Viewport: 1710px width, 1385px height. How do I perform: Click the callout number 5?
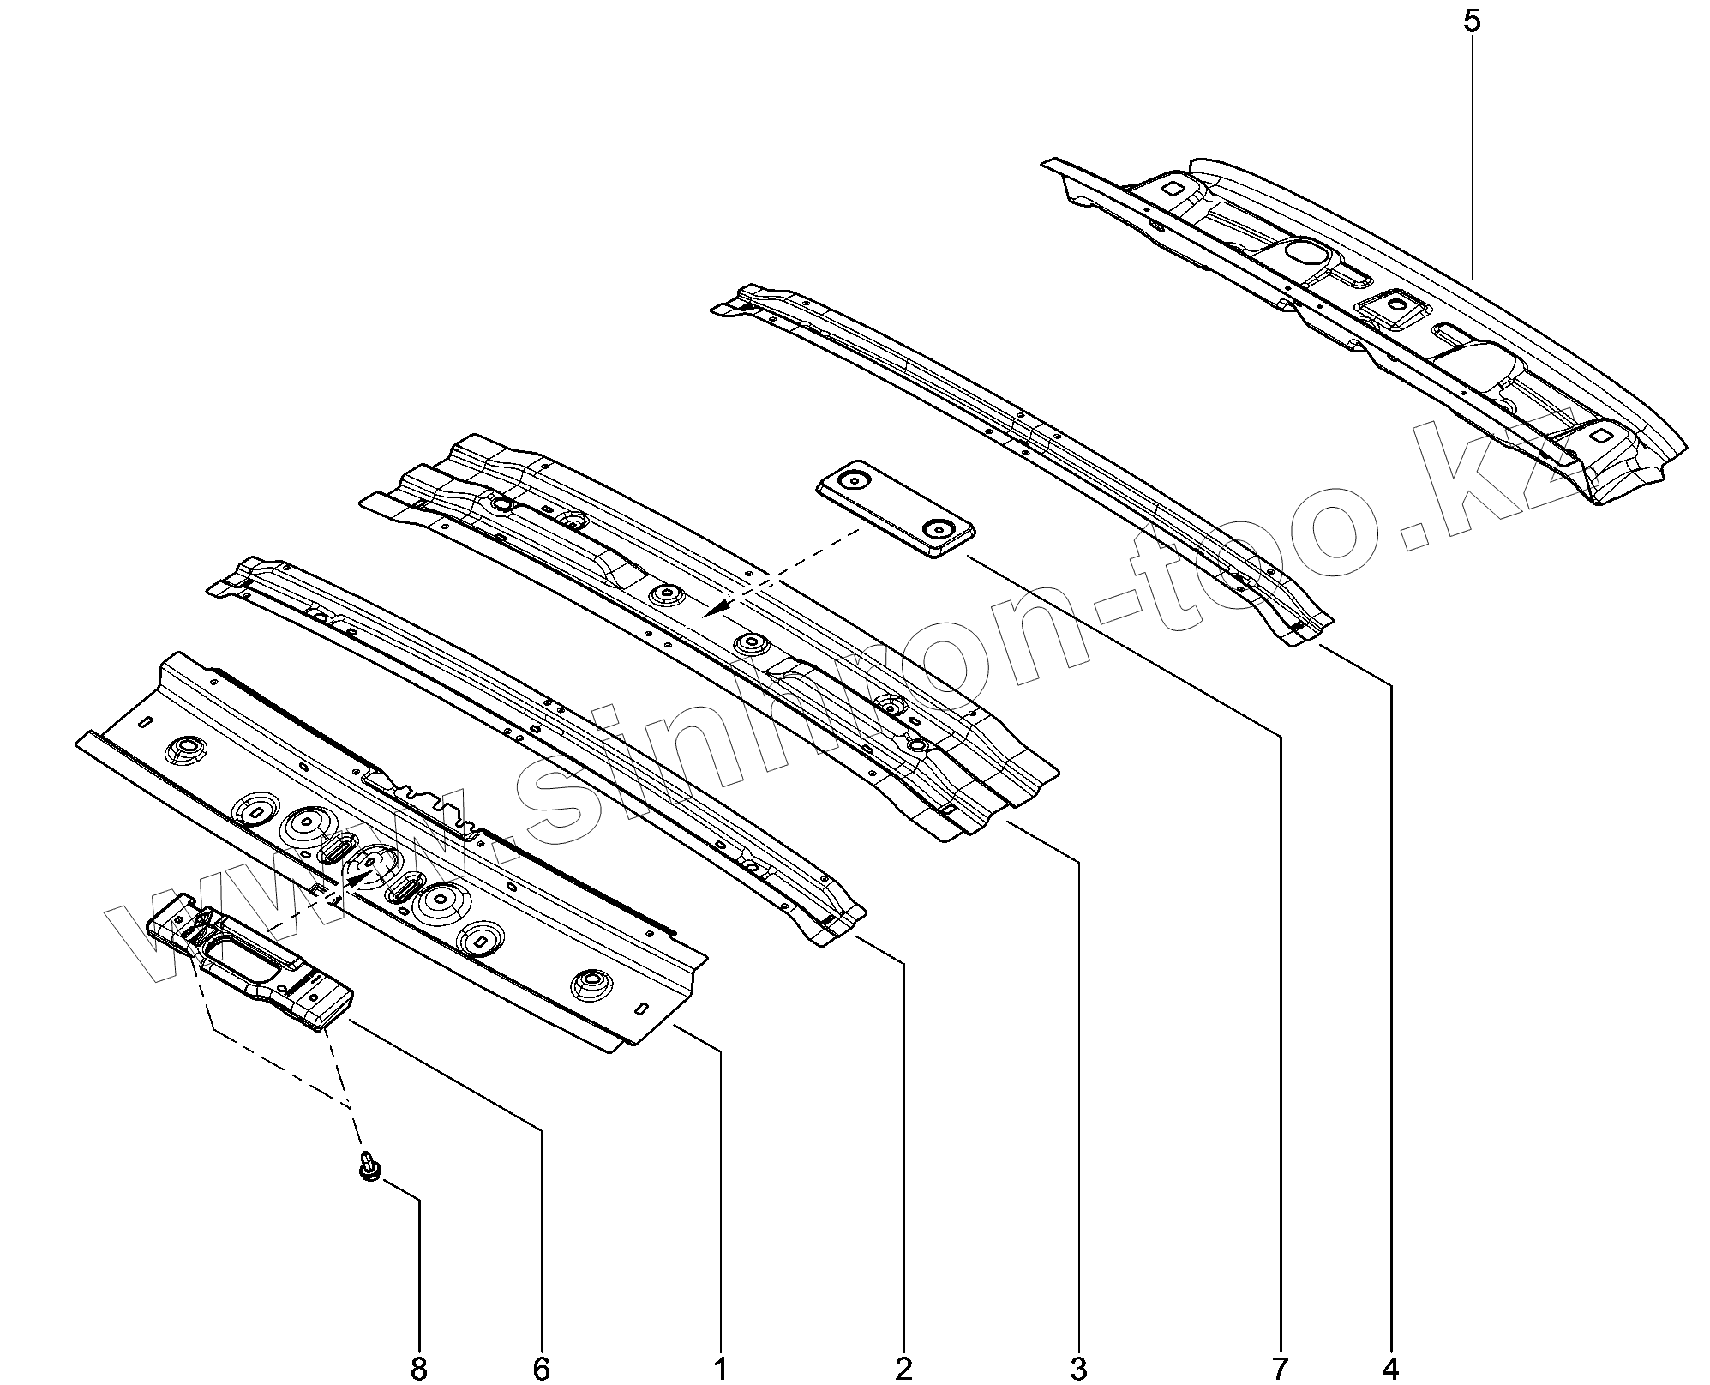[1471, 21]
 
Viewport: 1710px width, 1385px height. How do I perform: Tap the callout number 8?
[418, 1370]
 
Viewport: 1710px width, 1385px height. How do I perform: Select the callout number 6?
[541, 1370]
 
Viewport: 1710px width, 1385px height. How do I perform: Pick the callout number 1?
[721, 1370]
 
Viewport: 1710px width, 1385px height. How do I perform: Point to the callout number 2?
[904, 1370]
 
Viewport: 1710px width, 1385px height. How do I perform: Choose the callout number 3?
[1078, 1370]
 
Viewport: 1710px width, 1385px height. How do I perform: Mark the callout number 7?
[1281, 1370]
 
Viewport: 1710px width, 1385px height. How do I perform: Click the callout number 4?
[1390, 1370]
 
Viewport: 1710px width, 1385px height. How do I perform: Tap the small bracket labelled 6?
[253, 965]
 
